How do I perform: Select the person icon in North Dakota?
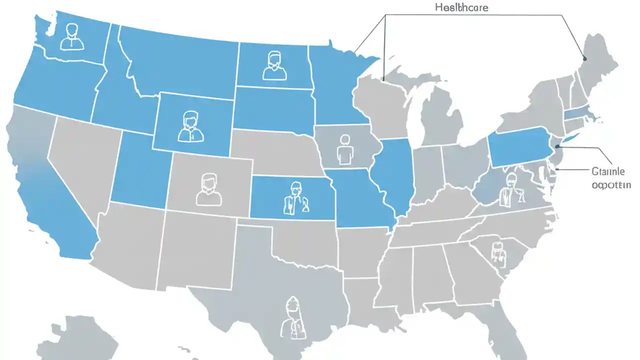[274, 66]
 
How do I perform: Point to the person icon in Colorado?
[208, 189]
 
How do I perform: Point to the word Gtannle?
[608, 171]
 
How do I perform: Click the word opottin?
[611, 184]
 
